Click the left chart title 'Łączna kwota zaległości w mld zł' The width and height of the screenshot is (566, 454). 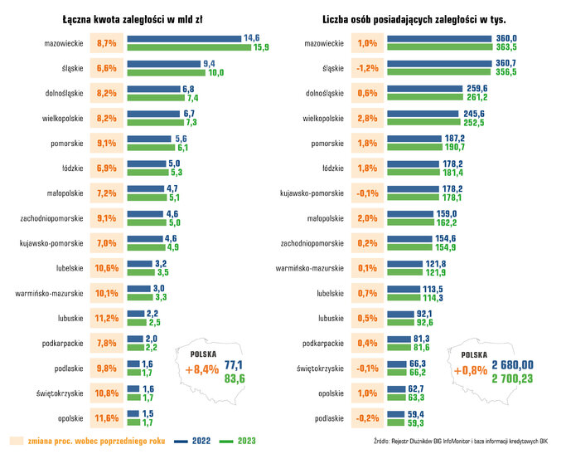(145, 17)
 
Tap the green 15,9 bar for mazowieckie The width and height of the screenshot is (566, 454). (189, 47)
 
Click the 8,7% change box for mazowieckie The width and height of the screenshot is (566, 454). (107, 42)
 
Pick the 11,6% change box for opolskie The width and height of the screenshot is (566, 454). (107, 417)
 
